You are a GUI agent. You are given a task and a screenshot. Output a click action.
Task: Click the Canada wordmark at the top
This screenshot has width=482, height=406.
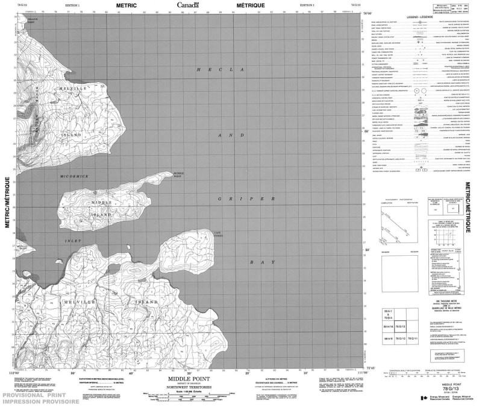[189, 5]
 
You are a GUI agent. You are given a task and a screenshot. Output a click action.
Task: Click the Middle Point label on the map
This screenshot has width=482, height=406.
[178, 176]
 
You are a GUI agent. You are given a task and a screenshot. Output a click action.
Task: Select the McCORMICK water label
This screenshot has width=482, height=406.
[74, 176]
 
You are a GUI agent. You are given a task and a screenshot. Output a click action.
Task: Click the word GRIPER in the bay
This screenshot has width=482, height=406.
[248, 198]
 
